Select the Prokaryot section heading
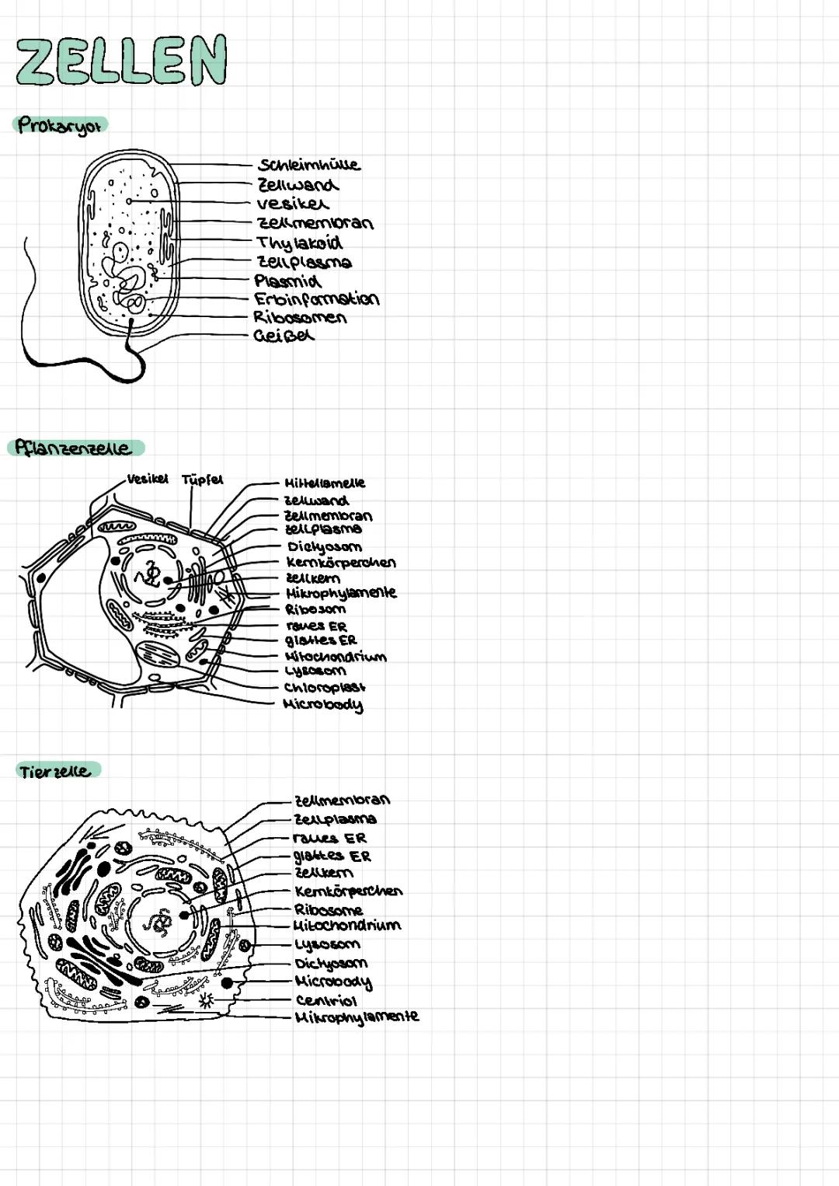60,125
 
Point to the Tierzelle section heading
55,771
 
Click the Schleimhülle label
309,165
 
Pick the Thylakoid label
300,242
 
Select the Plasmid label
287,281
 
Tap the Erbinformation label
316,299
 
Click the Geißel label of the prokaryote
284,336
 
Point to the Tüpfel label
202,480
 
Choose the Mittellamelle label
325,483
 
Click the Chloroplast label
324,687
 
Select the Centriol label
326,1000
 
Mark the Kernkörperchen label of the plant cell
341,562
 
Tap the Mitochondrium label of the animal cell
347,926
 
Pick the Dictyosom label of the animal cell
331,963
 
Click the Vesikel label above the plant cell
148,479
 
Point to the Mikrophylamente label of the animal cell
357,1017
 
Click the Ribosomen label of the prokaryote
300,317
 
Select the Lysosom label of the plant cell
315,671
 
